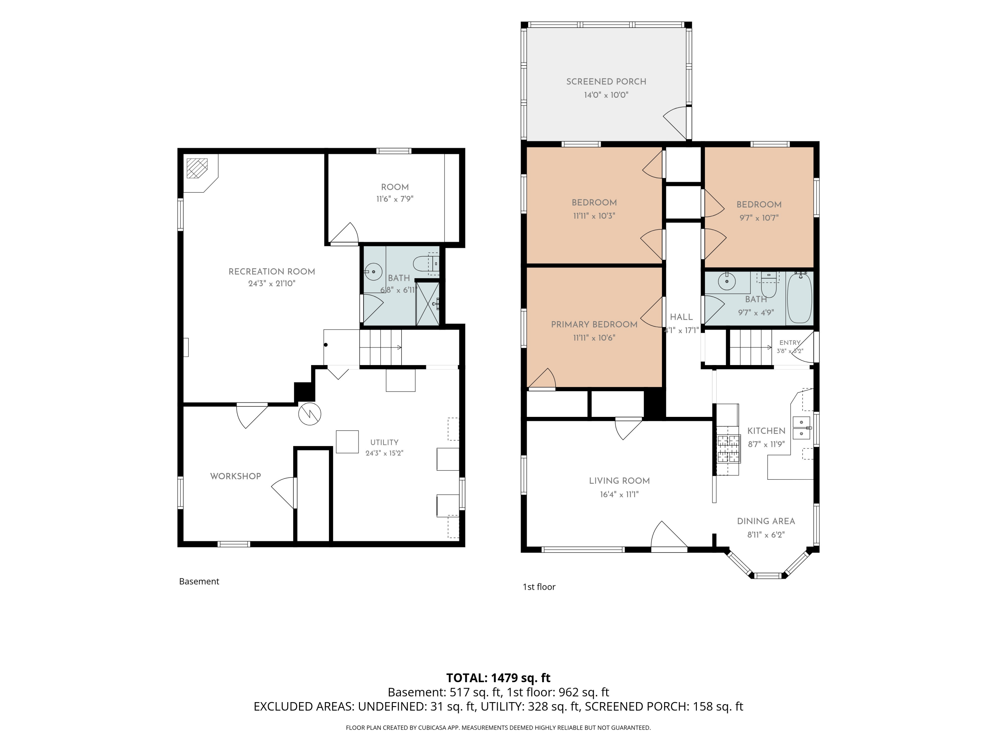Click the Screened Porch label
[x=606, y=81]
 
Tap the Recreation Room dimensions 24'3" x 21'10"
[x=272, y=284]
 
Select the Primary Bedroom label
[x=594, y=324]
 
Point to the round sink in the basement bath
[x=373, y=272]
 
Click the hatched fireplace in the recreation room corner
[x=197, y=168]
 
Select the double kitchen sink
[x=802, y=428]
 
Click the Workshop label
[x=235, y=476]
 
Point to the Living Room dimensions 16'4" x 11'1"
[x=619, y=494]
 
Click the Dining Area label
[x=766, y=521]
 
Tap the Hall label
[x=681, y=317]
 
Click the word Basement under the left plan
[x=199, y=582]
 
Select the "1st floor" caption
[x=539, y=586]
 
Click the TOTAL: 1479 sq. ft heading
[x=498, y=678]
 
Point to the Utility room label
[x=384, y=442]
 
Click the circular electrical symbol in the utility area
[x=310, y=414]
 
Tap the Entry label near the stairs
[x=790, y=343]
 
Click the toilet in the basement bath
[x=425, y=263]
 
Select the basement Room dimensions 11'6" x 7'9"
[x=395, y=199]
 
